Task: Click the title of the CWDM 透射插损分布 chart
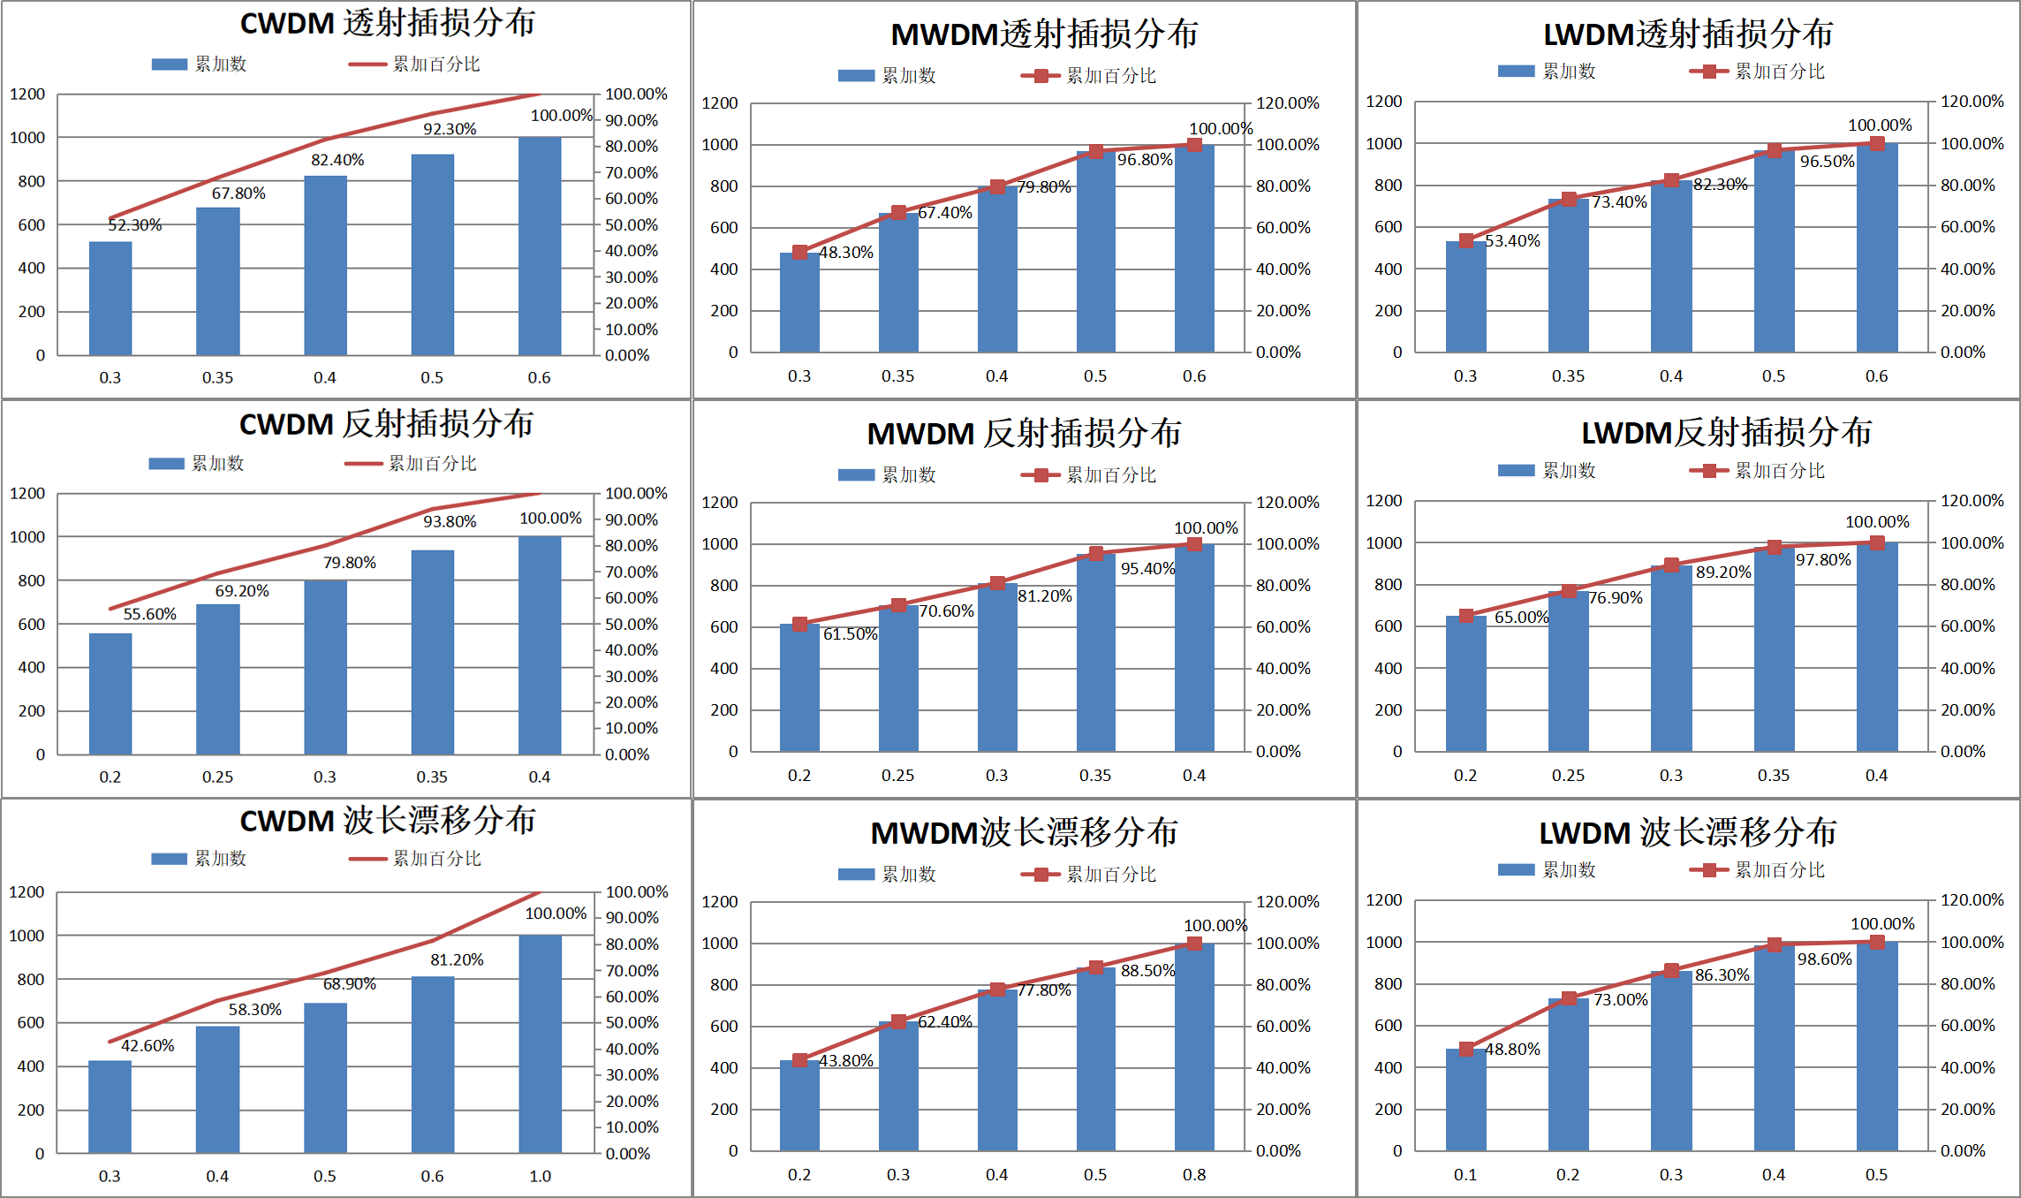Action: click(388, 23)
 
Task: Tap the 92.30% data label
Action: click(450, 129)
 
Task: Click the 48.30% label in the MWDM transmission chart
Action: click(846, 253)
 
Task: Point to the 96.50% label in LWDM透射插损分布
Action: click(1828, 162)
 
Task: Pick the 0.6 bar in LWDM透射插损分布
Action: click(1876, 247)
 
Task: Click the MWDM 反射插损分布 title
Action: click(1024, 434)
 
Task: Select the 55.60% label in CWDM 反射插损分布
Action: click(149, 614)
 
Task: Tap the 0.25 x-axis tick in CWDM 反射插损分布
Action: click(217, 777)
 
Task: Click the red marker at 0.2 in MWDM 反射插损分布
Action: click(799, 624)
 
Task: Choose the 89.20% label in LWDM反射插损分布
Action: click(1723, 572)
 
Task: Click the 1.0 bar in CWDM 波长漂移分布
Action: click(540, 1043)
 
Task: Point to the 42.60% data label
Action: click(148, 1046)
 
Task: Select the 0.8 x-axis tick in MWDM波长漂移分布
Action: click(1194, 1175)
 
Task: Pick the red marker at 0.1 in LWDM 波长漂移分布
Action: click(1465, 1049)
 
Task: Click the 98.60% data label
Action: click(1825, 959)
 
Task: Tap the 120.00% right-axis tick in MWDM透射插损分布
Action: click(1288, 103)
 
